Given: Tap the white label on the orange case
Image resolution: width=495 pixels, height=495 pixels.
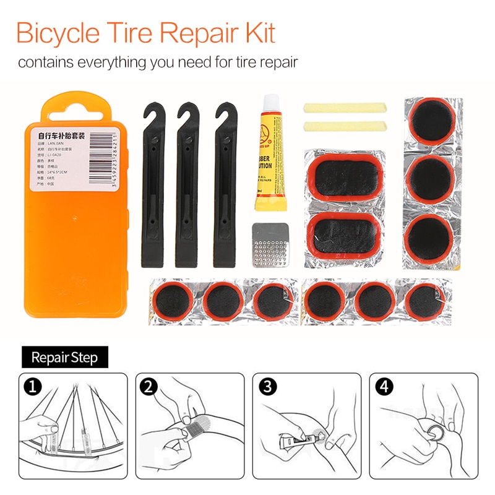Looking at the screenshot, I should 74,158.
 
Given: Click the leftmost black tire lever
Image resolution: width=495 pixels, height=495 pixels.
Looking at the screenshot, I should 151,186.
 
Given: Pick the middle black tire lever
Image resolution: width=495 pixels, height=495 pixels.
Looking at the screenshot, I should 186,186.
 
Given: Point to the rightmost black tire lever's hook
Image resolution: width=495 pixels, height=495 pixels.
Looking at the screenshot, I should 223,115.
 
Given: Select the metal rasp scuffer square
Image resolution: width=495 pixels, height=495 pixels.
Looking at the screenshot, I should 272,245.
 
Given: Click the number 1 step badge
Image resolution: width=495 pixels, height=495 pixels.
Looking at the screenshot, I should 32,387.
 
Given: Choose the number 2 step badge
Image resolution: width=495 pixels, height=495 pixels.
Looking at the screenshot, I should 148,387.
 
